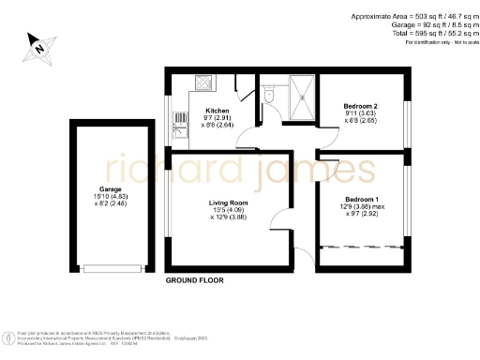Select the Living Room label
click(x=228, y=201)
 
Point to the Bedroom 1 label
click(x=360, y=200)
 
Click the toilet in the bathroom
click(x=268, y=96)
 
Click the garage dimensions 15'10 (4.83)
click(x=110, y=196)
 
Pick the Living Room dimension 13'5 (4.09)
click(x=228, y=209)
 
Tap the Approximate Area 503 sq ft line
click(x=412, y=17)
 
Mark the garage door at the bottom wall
click(x=110, y=267)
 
